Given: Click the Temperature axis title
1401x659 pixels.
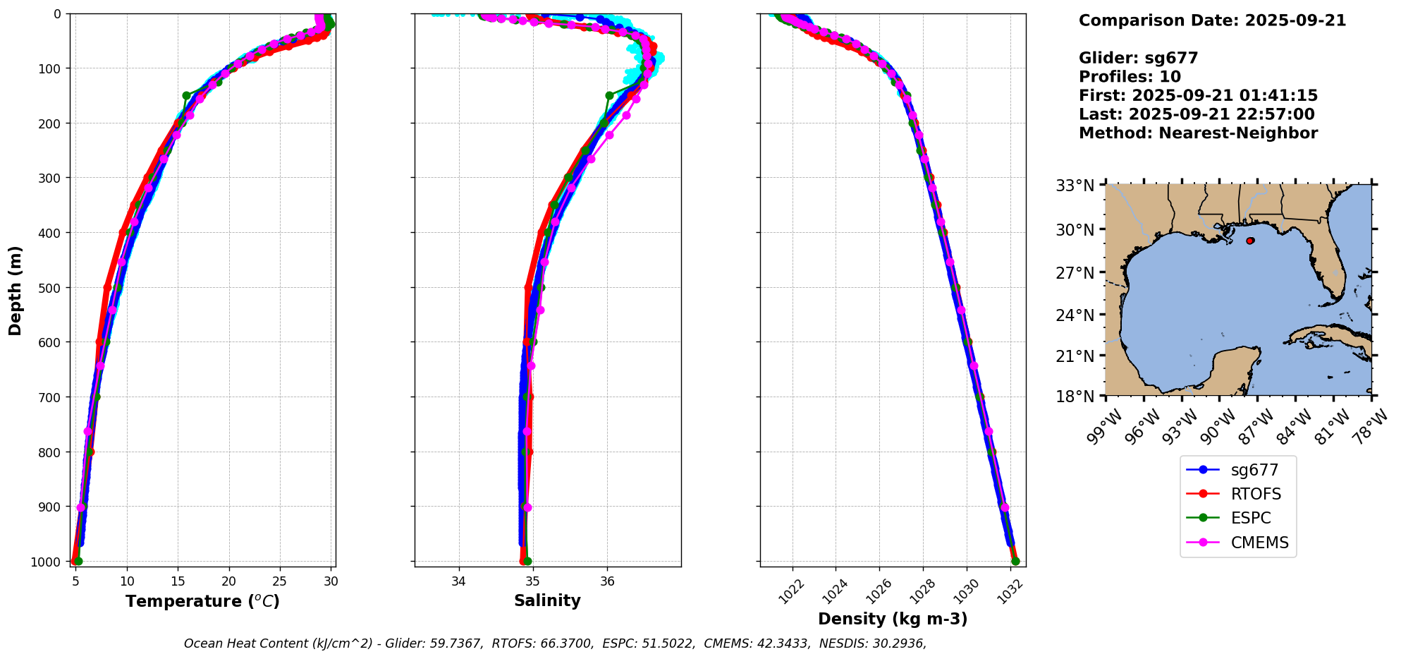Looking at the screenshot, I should (x=202, y=601).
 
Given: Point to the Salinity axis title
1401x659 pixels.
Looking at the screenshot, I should (x=547, y=600).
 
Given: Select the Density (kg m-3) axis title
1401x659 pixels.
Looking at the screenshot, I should (x=893, y=619).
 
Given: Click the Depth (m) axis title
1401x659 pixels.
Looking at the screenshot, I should (x=16, y=290).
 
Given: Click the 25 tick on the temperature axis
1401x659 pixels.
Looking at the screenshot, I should (x=280, y=581).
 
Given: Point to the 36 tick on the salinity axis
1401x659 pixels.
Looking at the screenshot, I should (x=607, y=581).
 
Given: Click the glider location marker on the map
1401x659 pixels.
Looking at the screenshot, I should (x=1250, y=241).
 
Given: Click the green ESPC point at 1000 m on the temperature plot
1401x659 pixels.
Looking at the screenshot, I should (x=78, y=561).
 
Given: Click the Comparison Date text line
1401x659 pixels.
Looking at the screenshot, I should (x=1212, y=20).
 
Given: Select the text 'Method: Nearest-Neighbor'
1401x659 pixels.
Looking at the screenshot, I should (x=1198, y=133).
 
